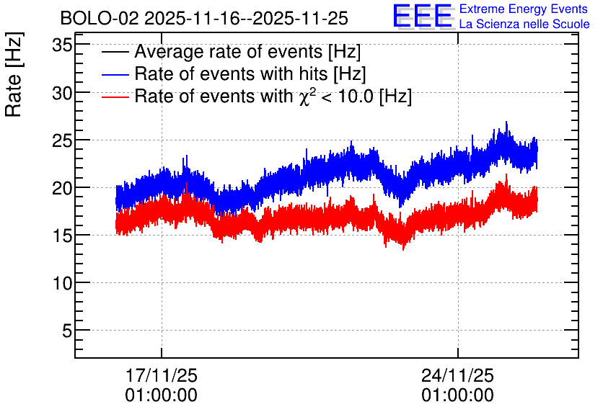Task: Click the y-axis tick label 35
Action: point(62,45)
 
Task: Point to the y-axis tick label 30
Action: point(62,93)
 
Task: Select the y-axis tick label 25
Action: point(62,140)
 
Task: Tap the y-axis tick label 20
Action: point(62,188)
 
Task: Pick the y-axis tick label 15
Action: point(62,236)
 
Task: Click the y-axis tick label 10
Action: point(62,283)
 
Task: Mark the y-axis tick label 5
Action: point(67,331)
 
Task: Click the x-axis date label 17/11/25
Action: point(162,375)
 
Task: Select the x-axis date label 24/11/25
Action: point(457,375)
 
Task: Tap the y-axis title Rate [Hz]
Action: point(14,74)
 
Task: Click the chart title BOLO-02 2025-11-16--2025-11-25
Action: point(204,18)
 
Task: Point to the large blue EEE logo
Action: point(422,16)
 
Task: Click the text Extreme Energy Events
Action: point(524,9)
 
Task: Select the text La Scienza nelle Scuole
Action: point(524,24)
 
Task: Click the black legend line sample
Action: point(115,52)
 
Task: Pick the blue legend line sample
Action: point(115,74)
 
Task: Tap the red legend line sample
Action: point(115,97)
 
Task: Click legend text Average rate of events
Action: point(229,51)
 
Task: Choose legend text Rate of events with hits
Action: point(231,73)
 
